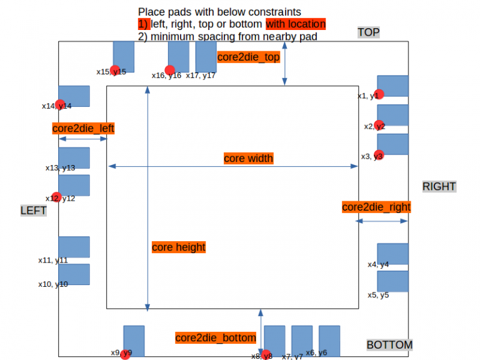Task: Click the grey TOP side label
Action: coord(368,32)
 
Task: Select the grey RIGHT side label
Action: coord(439,186)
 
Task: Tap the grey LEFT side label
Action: coord(34,211)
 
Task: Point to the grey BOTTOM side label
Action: coord(389,345)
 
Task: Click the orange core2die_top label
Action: coord(248,57)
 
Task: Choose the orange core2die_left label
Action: coord(83,129)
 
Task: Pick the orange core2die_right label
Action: coord(376,207)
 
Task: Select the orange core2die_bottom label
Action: coord(216,338)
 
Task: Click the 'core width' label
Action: coord(248,159)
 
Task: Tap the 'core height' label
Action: coord(179,247)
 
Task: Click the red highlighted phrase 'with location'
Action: coord(296,24)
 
